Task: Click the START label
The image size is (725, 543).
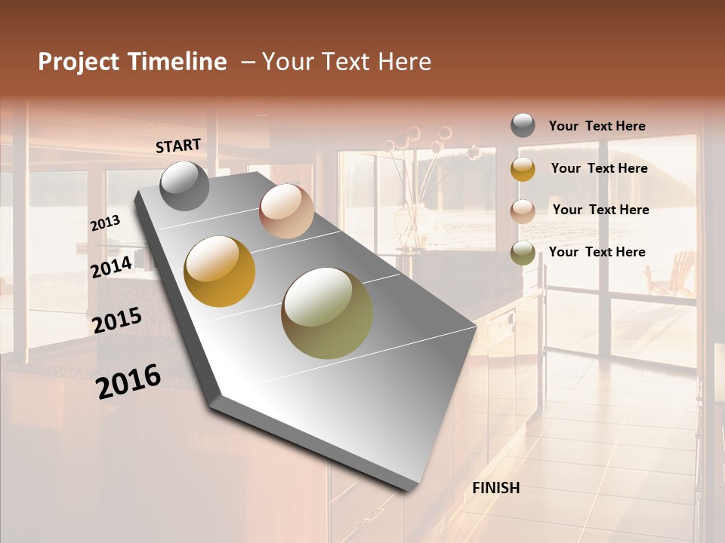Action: click(x=178, y=146)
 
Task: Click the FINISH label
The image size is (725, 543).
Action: click(x=495, y=488)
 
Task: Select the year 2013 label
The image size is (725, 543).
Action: click(x=105, y=223)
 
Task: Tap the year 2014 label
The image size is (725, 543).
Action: click(x=111, y=267)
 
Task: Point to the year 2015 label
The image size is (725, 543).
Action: click(x=116, y=321)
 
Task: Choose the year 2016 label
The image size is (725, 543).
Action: click(x=128, y=382)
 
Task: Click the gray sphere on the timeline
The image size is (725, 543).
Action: click(x=184, y=186)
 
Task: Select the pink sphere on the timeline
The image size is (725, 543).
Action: click(x=286, y=211)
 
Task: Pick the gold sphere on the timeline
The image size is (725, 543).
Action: click(x=220, y=271)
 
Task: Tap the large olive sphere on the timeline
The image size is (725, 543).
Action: click(x=327, y=313)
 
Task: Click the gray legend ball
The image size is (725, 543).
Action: click(x=523, y=126)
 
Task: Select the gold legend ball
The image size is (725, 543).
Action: click(x=523, y=169)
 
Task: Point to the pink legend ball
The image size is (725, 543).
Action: click(x=523, y=210)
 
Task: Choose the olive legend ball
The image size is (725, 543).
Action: click(x=523, y=253)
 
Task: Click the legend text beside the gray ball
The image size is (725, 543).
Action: click(x=597, y=126)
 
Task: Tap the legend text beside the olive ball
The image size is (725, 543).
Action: click(x=597, y=252)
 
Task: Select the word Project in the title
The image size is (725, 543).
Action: click(x=79, y=62)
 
